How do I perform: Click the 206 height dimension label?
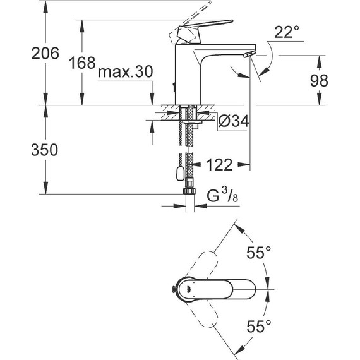[45, 54]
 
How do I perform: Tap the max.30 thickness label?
[126, 73]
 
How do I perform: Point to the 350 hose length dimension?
[45, 150]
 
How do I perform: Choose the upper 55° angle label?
[258, 253]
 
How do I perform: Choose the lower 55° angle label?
[258, 327]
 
